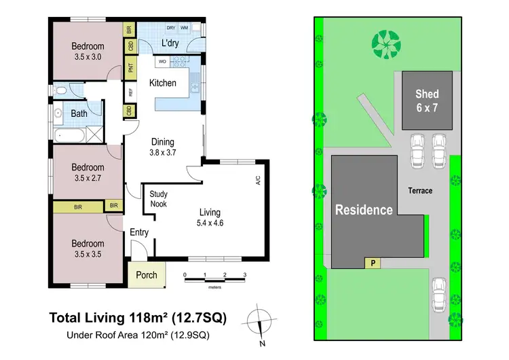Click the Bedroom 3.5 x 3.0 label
pos(88,52)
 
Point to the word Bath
pos(79,113)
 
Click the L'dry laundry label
pos(170,44)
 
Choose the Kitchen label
pos(163,83)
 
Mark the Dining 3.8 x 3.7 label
pos(163,147)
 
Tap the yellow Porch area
pos(147,275)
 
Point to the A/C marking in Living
pos(257,181)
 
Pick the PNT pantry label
pos(129,67)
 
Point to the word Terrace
pos(420,191)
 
